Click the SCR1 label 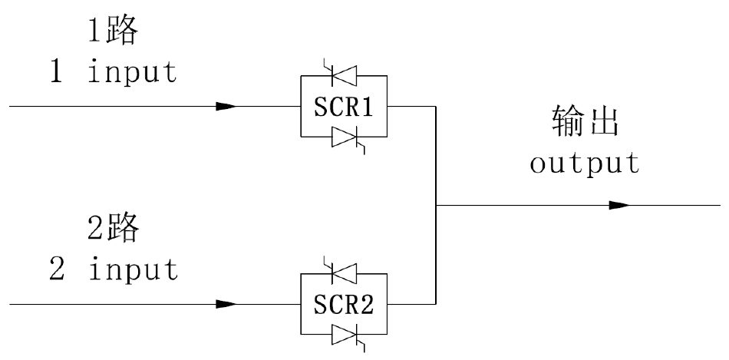[343, 107]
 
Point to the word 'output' [585, 163]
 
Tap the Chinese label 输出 [585, 123]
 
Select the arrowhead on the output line [619, 206]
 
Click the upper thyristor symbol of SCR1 [342, 75]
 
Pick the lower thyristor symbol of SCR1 [343, 139]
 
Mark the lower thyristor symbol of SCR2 [343, 335]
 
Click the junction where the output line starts [437, 206]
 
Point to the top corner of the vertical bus [437, 107]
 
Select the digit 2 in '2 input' [54, 269]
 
